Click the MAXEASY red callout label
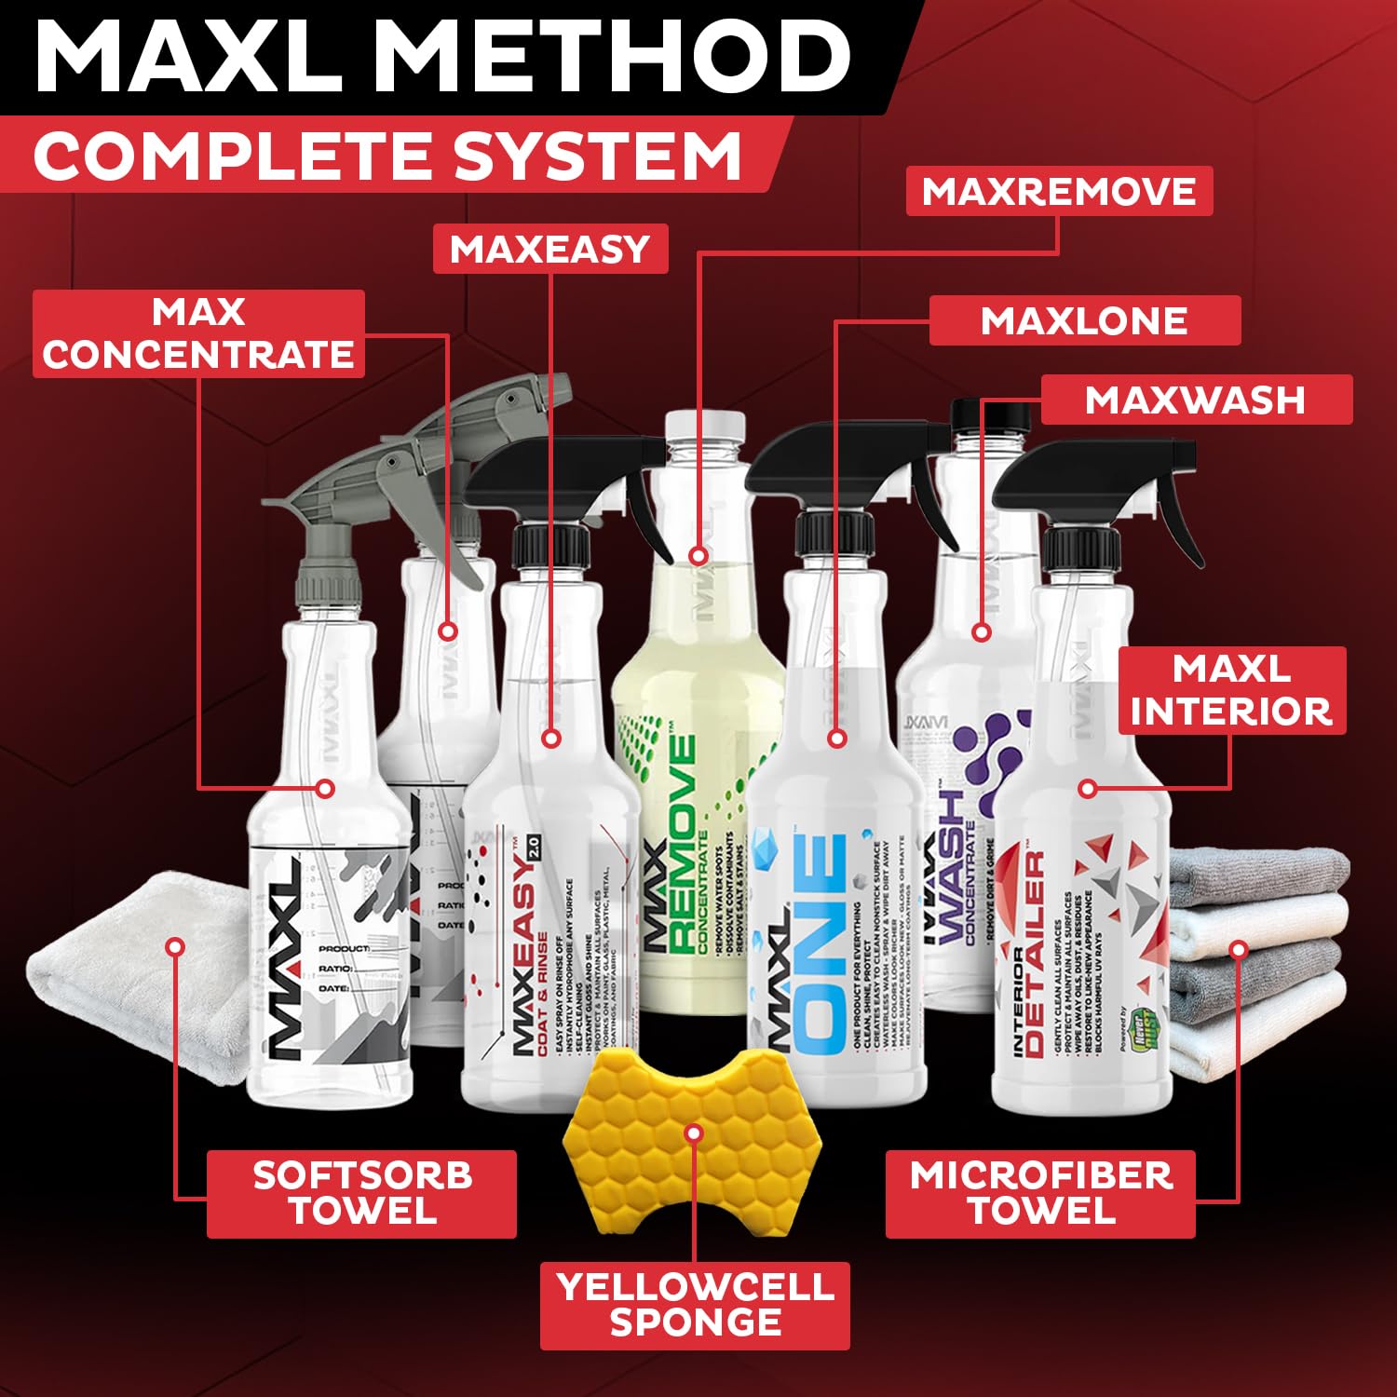(550, 249)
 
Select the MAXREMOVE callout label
(1059, 191)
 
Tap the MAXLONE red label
(1084, 320)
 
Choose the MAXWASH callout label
(1195, 400)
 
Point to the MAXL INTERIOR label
(1231, 690)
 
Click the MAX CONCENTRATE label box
(198, 333)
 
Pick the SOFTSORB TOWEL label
(361, 1193)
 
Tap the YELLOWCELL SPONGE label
(695, 1305)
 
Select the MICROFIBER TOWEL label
(1040, 1193)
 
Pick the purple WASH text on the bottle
(950, 866)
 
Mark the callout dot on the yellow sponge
(692, 1133)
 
